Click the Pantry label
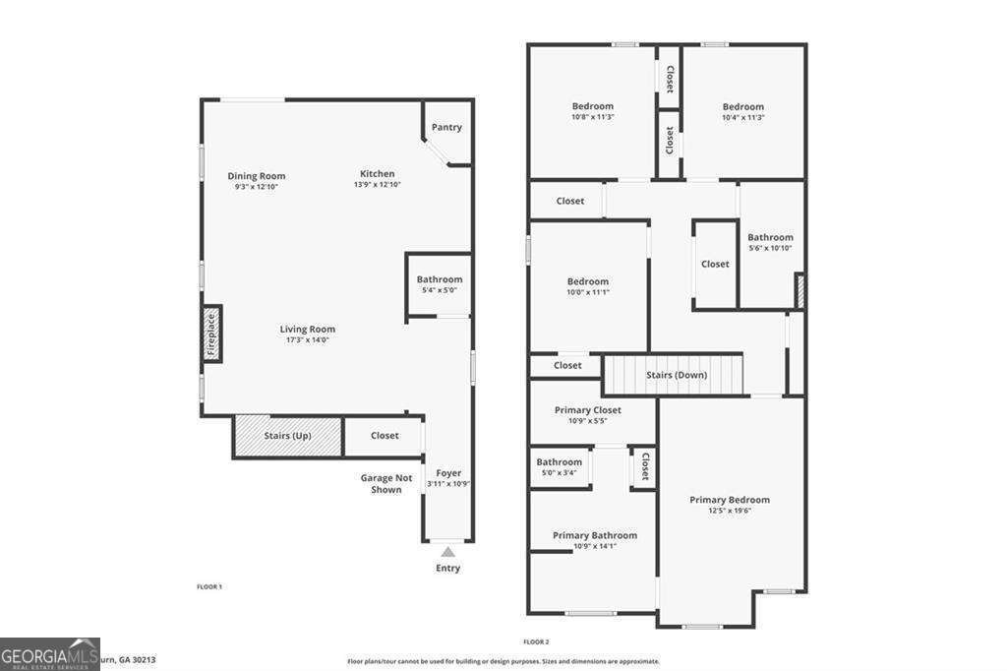pyautogui.click(x=446, y=127)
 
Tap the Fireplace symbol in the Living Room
pyautogui.click(x=210, y=334)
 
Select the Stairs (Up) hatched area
pyautogui.click(x=287, y=436)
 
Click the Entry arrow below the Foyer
pyautogui.click(x=448, y=552)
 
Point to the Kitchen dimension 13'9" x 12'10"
pyautogui.click(x=377, y=185)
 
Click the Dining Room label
pyautogui.click(x=257, y=176)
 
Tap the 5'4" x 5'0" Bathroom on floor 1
pyautogui.click(x=439, y=284)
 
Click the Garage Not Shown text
pyautogui.click(x=385, y=483)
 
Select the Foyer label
pyautogui.click(x=448, y=473)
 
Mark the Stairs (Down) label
pyautogui.click(x=677, y=375)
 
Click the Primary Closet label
pyautogui.click(x=588, y=410)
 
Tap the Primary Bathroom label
pyautogui.click(x=594, y=535)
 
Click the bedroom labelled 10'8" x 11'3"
pyautogui.click(x=592, y=111)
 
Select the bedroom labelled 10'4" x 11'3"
pyautogui.click(x=742, y=111)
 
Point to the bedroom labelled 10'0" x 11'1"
pyautogui.click(x=588, y=286)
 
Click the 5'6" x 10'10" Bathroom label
pyautogui.click(x=770, y=242)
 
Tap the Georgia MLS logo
pyautogui.click(x=49, y=654)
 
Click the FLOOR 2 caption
pyautogui.click(x=536, y=641)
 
